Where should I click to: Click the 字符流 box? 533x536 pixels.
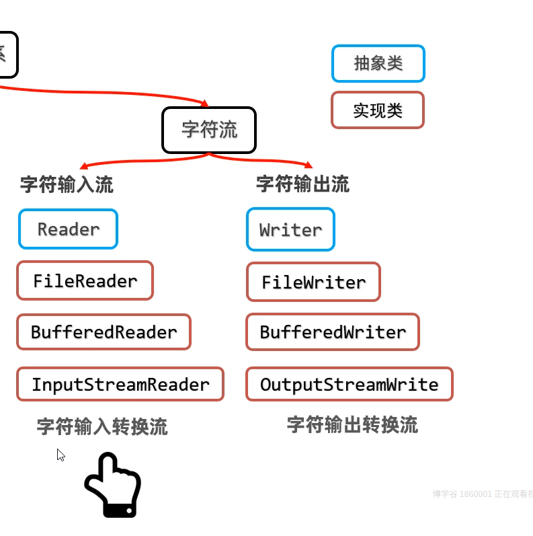click(x=209, y=130)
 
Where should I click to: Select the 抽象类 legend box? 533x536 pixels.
click(x=378, y=64)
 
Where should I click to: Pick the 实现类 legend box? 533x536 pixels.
click(x=378, y=110)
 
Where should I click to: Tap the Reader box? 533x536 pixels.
click(x=68, y=229)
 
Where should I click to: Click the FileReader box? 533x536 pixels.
click(x=85, y=280)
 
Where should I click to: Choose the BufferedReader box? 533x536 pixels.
click(x=104, y=332)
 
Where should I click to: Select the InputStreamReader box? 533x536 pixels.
click(x=120, y=385)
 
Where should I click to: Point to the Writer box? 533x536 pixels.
click(x=290, y=230)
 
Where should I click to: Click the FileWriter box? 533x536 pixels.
click(x=313, y=282)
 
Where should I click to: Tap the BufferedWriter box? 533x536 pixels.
click(x=333, y=332)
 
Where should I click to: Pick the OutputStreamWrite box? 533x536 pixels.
click(x=349, y=385)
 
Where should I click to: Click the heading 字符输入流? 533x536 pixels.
click(x=67, y=185)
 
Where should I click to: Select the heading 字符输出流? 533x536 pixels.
click(x=302, y=184)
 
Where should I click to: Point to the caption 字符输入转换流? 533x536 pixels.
click(x=102, y=426)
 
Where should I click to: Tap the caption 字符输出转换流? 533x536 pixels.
click(x=352, y=425)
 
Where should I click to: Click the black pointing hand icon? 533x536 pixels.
click(x=112, y=486)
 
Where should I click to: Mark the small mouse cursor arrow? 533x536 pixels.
click(x=60, y=455)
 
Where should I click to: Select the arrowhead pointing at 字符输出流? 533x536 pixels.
click(x=309, y=165)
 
